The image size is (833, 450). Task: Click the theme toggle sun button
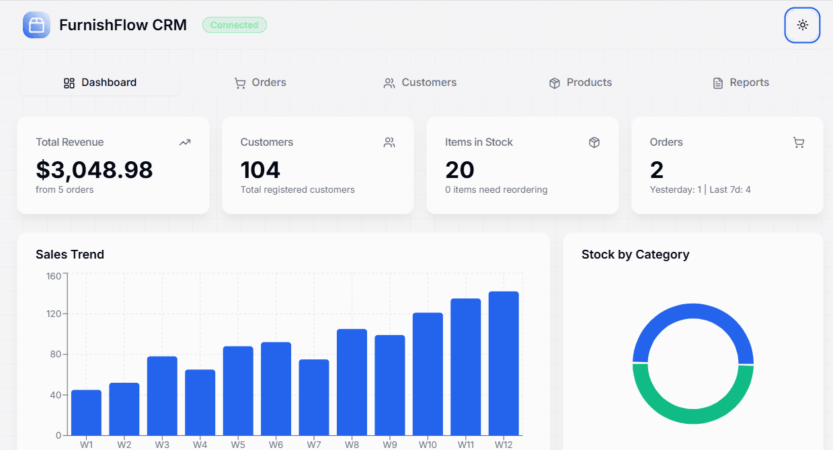[x=802, y=25]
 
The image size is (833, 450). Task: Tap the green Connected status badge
[x=235, y=25]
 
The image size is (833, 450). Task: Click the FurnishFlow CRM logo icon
[x=36, y=25]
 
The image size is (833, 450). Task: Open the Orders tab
[x=260, y=83]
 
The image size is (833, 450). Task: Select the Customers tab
[x=420, y=83]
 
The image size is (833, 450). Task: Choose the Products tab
[x=581, y=83]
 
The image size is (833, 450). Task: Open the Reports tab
[x=740, y=83]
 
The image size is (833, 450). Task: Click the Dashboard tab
[x=100, y=83]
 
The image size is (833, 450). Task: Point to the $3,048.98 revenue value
[x=94, y=170]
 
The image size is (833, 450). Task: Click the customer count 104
[x=260, y=170]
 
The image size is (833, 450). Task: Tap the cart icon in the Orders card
[x=798, y=142]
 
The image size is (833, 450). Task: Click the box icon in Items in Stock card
[x=594, y=142]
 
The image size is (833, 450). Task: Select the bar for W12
[x=504, y=363]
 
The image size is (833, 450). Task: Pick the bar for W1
[x=86, y=412]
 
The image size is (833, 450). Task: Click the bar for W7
[x=314, y=397]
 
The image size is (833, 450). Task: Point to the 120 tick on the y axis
[x=54, y=314]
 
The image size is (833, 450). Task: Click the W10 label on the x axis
[x=428, y=444]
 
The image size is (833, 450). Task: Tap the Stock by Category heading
[x=635, y=255]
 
